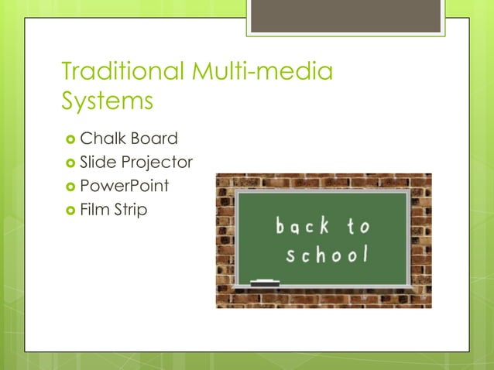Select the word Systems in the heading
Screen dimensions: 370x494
click(107, 101)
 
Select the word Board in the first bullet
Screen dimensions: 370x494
click(154, 139)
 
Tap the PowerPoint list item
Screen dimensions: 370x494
click(124, 186)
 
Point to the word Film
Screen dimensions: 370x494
click(94, 209)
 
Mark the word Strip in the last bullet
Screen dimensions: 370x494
click(129, 210)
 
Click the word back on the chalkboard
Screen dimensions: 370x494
click(303, 226)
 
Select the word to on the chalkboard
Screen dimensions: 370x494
click(358, 226)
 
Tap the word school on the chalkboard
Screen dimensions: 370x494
click(326, 255)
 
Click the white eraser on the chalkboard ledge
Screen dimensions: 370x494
click(265, 282)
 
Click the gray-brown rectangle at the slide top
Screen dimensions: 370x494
click(345, 15)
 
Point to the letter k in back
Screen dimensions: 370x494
click(324, 225)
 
